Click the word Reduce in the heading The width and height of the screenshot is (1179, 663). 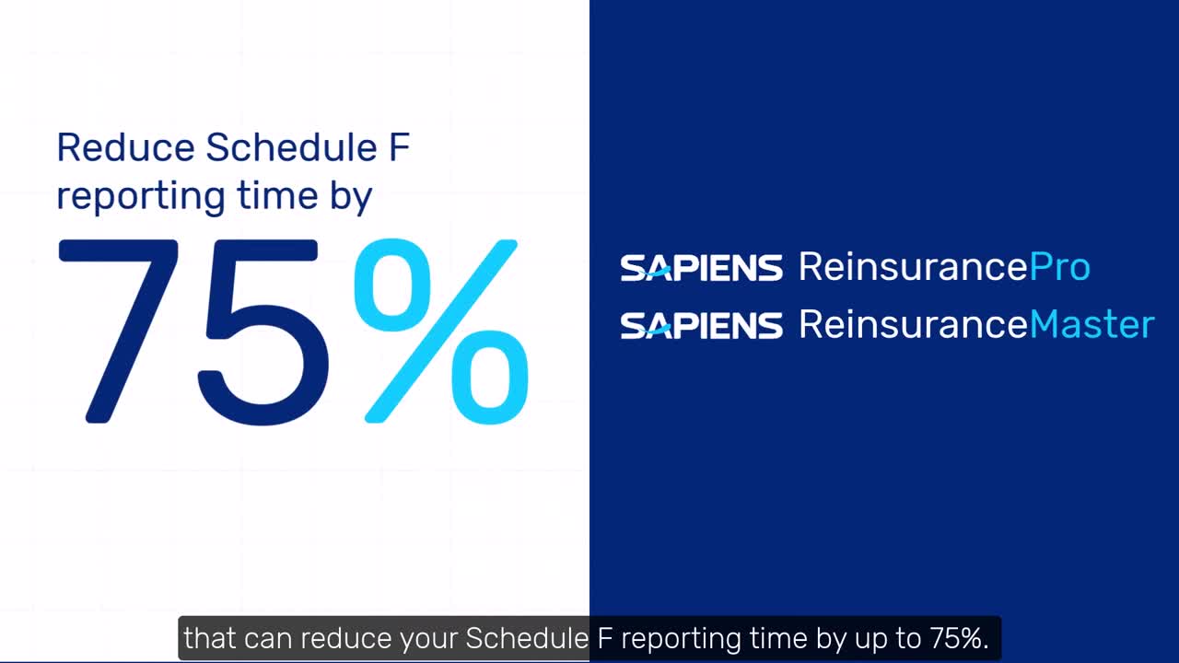click(126, 147)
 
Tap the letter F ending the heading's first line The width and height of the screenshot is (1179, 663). click(400, 147)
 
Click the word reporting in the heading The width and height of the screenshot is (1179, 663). click(141, 197)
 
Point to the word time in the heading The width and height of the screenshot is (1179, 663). click(278, 195)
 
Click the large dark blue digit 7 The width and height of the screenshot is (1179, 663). click(119, 331)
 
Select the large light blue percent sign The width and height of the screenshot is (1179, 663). click(441, 331)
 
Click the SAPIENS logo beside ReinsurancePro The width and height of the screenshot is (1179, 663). click(701, 268)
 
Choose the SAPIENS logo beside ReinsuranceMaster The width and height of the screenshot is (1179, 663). click(701, 325)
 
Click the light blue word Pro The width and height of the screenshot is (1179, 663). click(1059, 267)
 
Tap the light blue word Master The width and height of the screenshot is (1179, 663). click(1091, 324)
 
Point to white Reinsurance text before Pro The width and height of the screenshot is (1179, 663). click(913, 266)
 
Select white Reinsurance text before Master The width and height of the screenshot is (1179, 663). click(913, 323)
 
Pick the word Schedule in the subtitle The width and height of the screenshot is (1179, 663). click(527, 638)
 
